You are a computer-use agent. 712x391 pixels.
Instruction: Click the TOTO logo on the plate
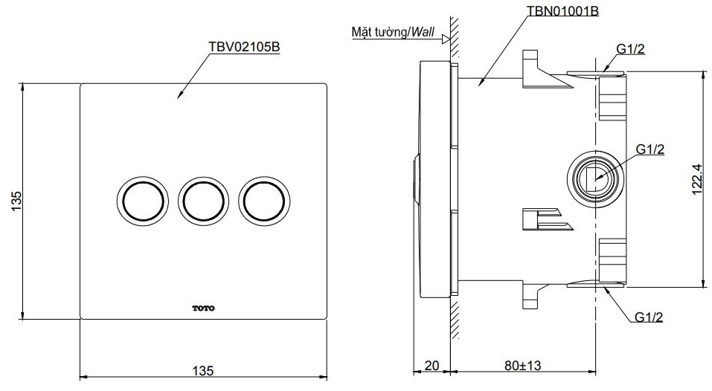point(202,307)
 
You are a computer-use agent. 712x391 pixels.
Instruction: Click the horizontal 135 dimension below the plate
point(203,370)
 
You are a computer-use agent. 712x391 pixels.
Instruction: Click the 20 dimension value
point(432,365)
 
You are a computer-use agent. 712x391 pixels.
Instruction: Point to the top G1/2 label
point(629,50)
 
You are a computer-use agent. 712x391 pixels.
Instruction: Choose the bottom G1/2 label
point(649,317)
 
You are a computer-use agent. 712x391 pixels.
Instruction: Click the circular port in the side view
point(594,178)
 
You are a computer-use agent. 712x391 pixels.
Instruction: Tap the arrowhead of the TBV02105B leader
point(180,95)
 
